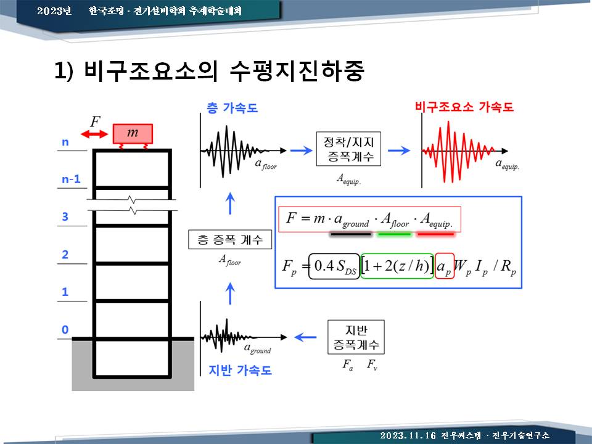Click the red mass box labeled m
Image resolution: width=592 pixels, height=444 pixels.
pos(133,134)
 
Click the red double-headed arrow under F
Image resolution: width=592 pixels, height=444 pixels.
pos(94,134)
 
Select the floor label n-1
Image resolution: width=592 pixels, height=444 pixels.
pos(71,179)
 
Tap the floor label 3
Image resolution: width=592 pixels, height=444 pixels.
pos(65,216)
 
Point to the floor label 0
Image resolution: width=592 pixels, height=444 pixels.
pos(65,329)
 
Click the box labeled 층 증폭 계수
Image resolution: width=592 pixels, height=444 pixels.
pos(230,239)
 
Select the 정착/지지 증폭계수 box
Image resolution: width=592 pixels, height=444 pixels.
pos(348,149)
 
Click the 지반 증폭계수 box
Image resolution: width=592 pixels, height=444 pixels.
pos(356,337)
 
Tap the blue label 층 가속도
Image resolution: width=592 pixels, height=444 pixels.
pos(232,108)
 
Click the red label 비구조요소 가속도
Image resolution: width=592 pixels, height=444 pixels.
pos(464,107)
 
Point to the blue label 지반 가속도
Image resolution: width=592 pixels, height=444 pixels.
pos(240,370)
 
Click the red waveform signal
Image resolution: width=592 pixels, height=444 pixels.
pos(458,152)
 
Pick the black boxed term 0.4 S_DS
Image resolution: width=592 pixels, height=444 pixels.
pos(334,266)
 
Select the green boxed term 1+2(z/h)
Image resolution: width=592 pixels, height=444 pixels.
pos(397,266)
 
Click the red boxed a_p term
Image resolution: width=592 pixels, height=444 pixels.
pos(445,266)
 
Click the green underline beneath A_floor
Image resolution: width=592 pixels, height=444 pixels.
pos(394,234)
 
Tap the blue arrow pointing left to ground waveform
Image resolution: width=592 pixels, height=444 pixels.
pos(305,337)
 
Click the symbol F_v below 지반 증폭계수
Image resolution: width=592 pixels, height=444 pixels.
pos(372,364)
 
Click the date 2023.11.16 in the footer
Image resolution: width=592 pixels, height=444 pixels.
pos(408,435)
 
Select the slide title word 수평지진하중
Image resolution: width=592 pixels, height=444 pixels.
pos(297,70)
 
